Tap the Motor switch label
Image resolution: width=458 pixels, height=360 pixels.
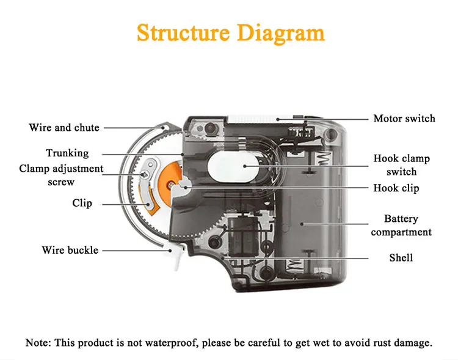point(404,118)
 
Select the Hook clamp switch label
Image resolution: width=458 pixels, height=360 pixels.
point(401,165)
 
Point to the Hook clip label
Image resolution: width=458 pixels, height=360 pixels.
point(396,188)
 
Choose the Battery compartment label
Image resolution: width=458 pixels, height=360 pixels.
point(401,225)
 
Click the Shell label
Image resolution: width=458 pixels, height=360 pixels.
point(401,257)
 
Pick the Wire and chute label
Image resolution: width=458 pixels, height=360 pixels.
point(64,128)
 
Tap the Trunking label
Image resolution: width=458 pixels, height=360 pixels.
point(67,153)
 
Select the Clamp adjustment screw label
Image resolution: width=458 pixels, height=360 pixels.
point(61,175)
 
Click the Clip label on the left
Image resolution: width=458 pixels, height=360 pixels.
point(82,202)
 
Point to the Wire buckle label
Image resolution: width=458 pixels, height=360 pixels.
point(70,250)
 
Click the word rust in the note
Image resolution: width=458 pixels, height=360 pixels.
point(376,342)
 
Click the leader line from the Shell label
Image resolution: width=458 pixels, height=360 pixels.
point(305,257)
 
